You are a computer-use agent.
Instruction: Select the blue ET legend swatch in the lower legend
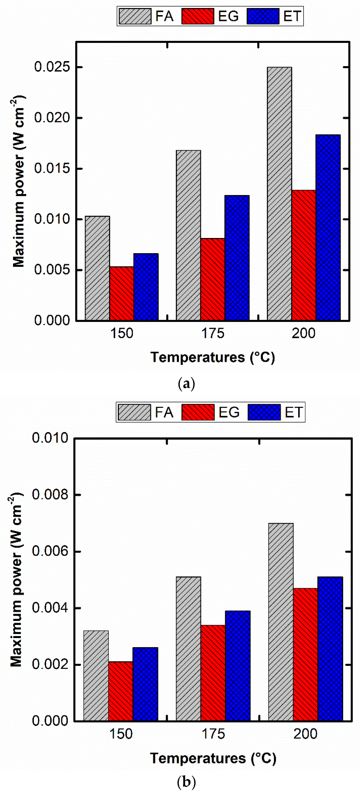click(x=264, y=412)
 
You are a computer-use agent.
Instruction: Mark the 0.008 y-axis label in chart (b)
click(x=50, y=495)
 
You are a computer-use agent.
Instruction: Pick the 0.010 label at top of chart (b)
click(x=50, y=438)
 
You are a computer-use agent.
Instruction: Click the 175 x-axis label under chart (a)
click(x=213, y=334)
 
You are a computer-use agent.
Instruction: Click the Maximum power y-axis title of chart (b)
click(x=16, y=579)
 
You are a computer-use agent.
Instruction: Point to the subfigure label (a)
click(x=186, y=384)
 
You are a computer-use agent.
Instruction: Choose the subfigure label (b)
click(x=186, y=782)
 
